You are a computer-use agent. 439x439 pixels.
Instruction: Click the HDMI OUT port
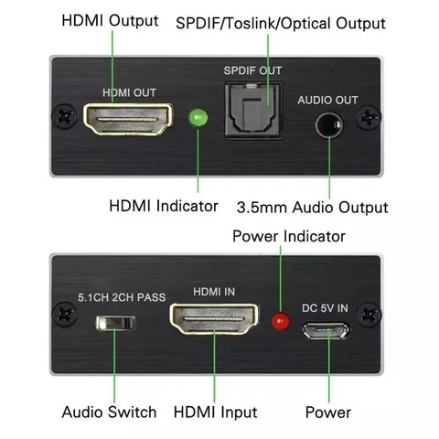(127, 121)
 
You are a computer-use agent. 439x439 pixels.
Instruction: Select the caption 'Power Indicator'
(288, 236)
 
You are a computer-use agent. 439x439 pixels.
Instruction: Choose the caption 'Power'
(327, 412)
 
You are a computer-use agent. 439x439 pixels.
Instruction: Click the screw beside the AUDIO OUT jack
(369, 118)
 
